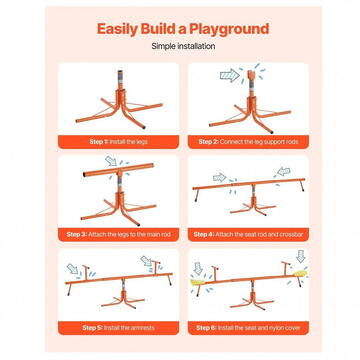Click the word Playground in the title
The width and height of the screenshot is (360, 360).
tap(229, 30)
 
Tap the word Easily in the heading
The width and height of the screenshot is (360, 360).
tap(117, 29)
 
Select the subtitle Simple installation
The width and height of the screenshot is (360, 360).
tap(183, 46)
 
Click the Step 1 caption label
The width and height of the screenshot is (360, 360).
tap(118, 142)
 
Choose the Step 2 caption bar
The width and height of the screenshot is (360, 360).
tap(248, 142)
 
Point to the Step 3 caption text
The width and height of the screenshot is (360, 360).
tap(118, 234)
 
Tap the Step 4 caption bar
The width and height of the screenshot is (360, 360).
tap(248, 234)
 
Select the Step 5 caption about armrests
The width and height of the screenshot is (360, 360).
tap(118, 328)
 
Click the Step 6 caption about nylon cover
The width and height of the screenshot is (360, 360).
tap(248, 328)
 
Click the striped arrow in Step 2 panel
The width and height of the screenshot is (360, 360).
tap(230, 75)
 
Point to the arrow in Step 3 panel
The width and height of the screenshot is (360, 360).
tap(111, 161)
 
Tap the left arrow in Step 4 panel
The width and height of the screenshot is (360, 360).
tap(220, 177)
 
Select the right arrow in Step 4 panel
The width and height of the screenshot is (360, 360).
tap(283, 172)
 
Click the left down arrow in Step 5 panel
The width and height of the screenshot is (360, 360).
tap(72, 269)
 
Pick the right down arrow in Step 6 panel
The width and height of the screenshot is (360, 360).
tap(301, 256)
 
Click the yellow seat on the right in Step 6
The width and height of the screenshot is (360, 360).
tap(300, 274)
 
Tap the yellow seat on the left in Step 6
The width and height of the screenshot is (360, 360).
tap(197, 283)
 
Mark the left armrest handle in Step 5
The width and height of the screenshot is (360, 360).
tap(86, 273)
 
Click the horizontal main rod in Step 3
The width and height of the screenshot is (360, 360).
tap(118, 170)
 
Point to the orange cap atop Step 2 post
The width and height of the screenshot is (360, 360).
tap(251, 74)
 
